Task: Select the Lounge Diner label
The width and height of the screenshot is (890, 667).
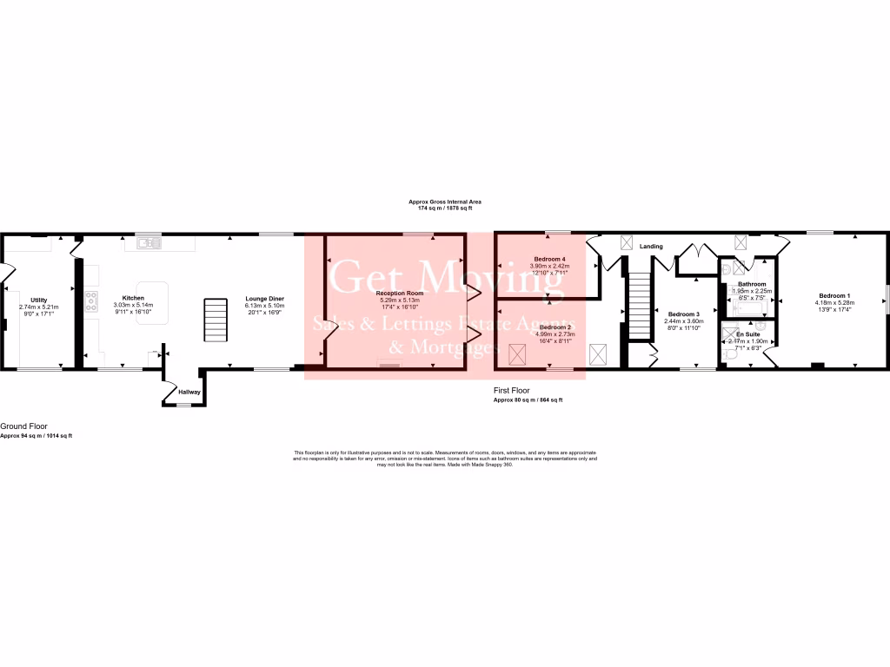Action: [x=264, y=299]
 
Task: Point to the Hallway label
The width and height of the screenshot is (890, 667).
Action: [x=189, y=392]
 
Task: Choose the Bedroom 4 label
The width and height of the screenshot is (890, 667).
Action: [x=549, y=260]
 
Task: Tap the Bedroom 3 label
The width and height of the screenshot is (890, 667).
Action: [x=683, y=314]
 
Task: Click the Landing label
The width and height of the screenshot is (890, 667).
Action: [x=651, y=247]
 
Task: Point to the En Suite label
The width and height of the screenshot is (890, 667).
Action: [x=747, y=334]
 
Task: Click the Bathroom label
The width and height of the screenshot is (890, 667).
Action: [x=752, y=284]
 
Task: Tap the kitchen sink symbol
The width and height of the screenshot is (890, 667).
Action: [x=144, y=243]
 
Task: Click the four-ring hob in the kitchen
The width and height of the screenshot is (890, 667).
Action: [x=91, y=301]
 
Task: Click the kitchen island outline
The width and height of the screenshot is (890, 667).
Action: [x=151, y=302]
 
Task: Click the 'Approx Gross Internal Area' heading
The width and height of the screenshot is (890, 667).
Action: [x=445, y=201]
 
